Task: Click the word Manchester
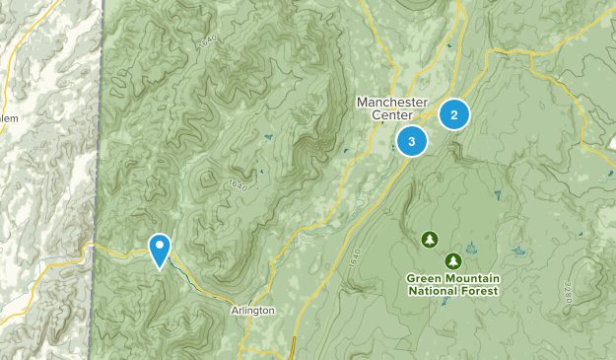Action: click(x=391, y=102)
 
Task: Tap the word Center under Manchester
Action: click(x=391, y=115)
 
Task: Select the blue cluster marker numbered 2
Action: click(x=453, y=114)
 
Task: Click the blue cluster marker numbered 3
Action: click(x=411, y=142)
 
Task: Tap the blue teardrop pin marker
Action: click(x=159, y=249)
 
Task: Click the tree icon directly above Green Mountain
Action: click(x=452, y=261)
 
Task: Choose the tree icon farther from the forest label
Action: click(x=429, y=239)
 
